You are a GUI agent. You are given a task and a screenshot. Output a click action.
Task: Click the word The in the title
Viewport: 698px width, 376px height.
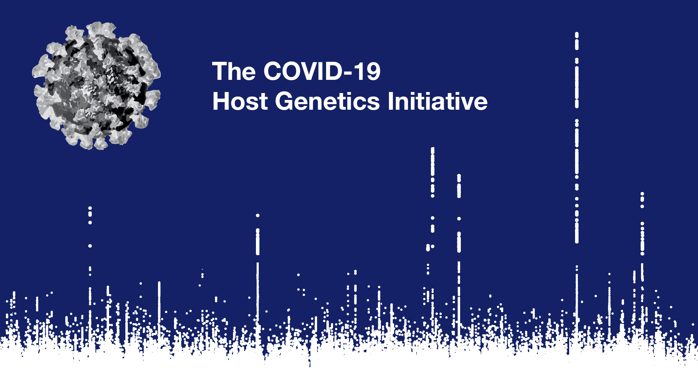234,71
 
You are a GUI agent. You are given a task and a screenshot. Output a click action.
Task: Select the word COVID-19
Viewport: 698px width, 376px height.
322,71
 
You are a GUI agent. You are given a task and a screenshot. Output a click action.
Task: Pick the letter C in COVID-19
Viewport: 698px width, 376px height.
273,71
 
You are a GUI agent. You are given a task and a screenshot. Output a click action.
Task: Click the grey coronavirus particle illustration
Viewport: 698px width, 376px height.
96,86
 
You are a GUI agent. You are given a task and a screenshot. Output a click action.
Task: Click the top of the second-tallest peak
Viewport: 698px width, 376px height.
433,149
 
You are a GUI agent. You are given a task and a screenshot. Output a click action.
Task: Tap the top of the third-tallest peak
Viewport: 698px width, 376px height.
459,176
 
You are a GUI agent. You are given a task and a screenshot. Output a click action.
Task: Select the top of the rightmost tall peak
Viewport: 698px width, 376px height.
642,194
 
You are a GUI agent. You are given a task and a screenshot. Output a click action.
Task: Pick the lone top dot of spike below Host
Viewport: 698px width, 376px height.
258,216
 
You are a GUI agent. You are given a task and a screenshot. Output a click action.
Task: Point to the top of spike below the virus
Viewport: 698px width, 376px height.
90,208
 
